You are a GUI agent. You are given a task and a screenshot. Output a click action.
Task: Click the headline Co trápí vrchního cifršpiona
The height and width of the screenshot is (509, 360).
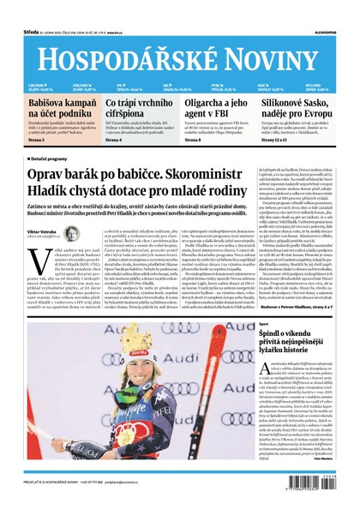pos(136,109)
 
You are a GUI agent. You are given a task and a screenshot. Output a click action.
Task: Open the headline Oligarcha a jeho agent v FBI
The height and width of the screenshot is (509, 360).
pos(218,109)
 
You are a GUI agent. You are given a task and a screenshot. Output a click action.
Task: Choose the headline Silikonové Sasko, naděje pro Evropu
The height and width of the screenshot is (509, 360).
pos(295,109)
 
